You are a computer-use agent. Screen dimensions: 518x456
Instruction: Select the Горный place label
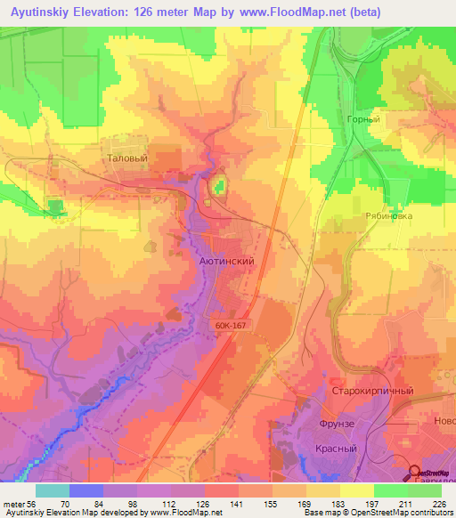click(363, 119)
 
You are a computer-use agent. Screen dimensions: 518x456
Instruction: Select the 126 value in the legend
click(202, 504)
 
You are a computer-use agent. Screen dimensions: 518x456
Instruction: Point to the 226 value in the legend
click(436, 504)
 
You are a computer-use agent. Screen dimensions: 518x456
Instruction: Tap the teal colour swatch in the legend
click(53, 490)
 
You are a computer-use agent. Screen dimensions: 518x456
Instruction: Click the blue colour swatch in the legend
click(86, 490)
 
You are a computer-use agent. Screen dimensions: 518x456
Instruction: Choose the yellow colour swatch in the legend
click(356, 490)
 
